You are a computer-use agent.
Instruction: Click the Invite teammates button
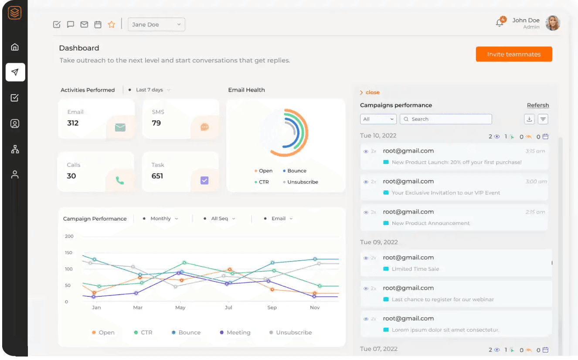(x=513, y=54)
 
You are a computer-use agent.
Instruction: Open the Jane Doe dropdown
(x=156, y=24)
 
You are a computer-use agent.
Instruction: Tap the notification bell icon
(x=500, y=23)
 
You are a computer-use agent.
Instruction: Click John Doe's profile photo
(x=552, y=23)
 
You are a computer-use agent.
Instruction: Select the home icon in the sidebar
(x=15, y=47)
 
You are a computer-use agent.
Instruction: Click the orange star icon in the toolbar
(x=112, y=24)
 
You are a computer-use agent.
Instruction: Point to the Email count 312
(x=73, y=123)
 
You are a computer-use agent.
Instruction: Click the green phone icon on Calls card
(x=119, y=180)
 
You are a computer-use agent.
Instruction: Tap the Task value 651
(x=157, y=176)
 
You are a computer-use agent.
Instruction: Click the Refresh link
(x=537, y=105)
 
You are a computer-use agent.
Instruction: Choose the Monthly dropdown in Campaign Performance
(x=161, y=218)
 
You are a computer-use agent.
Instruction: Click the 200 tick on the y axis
(x=69, y=236)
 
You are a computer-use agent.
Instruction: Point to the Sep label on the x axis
(x=272, y=307)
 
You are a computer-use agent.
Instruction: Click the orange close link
(x=372, y=92)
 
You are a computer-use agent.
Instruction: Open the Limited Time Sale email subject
(x=415, y=269)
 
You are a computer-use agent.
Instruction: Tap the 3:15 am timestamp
(x=535, y=151)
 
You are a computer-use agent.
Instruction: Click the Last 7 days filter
(x=150, y=90)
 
